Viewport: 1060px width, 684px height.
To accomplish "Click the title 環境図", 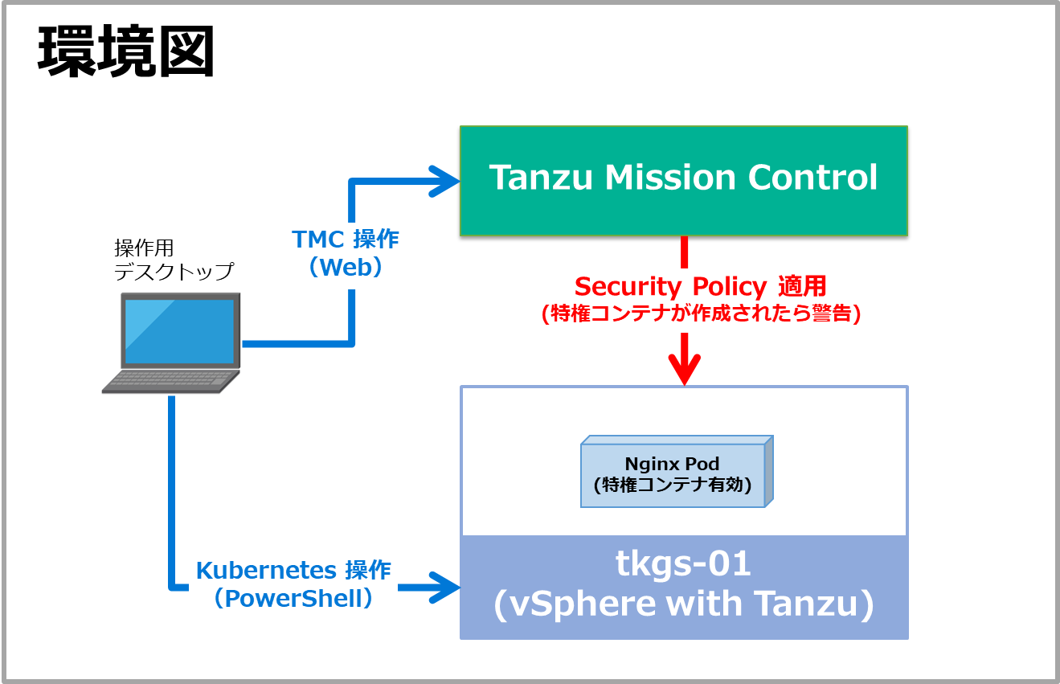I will click(x=126, y=53).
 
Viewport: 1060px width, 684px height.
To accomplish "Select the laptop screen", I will click(x=181, y=330).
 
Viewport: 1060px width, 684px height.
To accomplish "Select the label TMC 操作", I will click(x=346, y=239).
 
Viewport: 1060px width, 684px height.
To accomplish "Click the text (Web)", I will click(x=346, y=268).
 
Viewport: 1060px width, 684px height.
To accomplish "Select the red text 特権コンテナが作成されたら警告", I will click(x=702, y=313).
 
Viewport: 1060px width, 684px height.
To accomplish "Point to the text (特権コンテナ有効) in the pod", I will click(x=672, y=485).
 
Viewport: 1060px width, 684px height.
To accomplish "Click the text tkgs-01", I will click(x=683, y=564).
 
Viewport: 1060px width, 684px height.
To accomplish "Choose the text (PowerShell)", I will click(x=294, y=599).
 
